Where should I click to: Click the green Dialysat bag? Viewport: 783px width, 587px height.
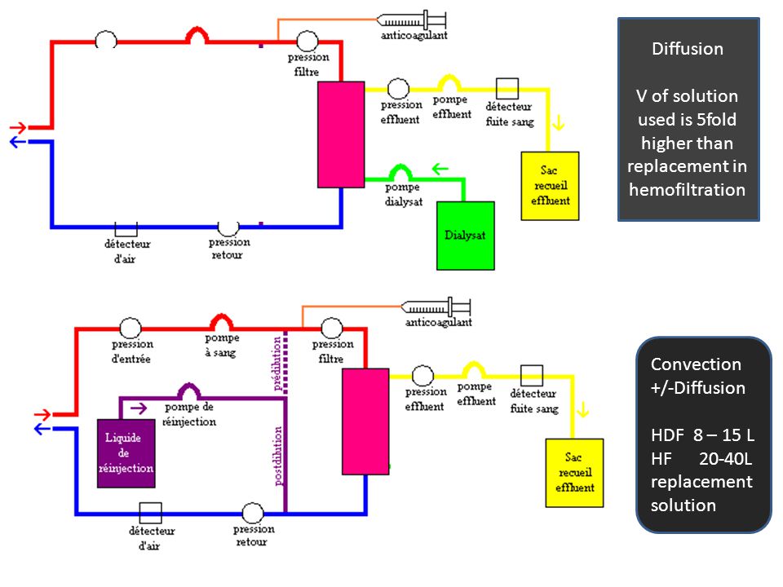[x=466, y=236]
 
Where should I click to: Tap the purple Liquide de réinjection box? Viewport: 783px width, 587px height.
[x=126, y=453]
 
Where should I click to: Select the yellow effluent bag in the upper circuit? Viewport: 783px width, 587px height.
[x=550, y=186]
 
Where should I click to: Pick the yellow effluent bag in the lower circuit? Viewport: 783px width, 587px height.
[x=574, y=473]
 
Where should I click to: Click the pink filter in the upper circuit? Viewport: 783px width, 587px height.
[x=341, y=135]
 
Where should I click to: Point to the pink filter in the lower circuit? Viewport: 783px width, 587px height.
[x=365, y=421]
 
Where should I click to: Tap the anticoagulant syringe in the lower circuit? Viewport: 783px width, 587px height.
[x=436, y=307]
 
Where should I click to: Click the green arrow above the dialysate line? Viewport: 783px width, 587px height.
[x=440, y=169]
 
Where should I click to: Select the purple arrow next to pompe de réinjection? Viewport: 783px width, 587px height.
[x=139, y=408]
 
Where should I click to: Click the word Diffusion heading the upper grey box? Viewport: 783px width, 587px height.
[x=688, y=48]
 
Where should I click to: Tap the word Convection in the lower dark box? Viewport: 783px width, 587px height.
[x=696, y=364]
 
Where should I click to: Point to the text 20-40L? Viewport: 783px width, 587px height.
[x=725, y=458]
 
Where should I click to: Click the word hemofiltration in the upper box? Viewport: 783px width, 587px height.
[x=687, y=190]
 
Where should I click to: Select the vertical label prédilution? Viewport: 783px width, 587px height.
[x=277, y=364]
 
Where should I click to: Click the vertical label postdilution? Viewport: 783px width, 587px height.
[x=279, y=456]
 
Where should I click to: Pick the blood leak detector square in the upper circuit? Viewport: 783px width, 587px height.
[x=507, y=89]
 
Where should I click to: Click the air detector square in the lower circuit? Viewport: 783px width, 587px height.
[x=150, y=513]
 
